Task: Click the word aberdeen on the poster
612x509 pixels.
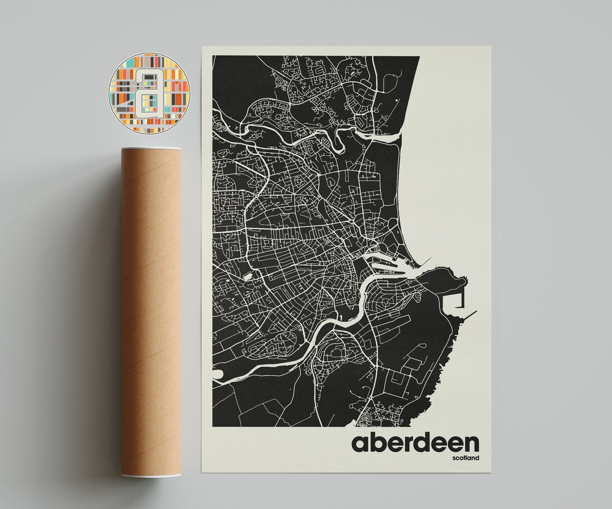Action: (415, 442)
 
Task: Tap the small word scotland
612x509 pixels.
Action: (465, 458)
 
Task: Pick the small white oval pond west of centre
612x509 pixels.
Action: (248, 277)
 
